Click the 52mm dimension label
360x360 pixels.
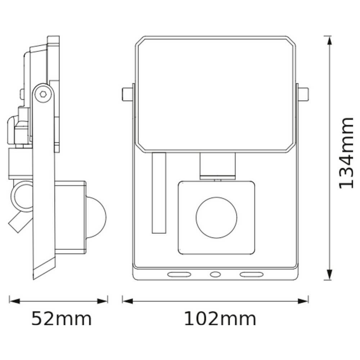click(x=62, y=319)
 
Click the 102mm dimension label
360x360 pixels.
click(x=220, y=319)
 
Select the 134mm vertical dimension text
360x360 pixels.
click(x=346, y=153)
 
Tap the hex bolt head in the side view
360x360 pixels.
click(x=43, y=94)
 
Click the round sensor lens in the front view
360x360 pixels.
click(x=216, y=217)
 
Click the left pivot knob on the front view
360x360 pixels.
click(x=127, y=94)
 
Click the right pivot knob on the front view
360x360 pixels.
click(x=303, y=94)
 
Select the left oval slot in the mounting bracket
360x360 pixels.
click(x=179, y=274)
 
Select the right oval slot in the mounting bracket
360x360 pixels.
click(x=251, y=274)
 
